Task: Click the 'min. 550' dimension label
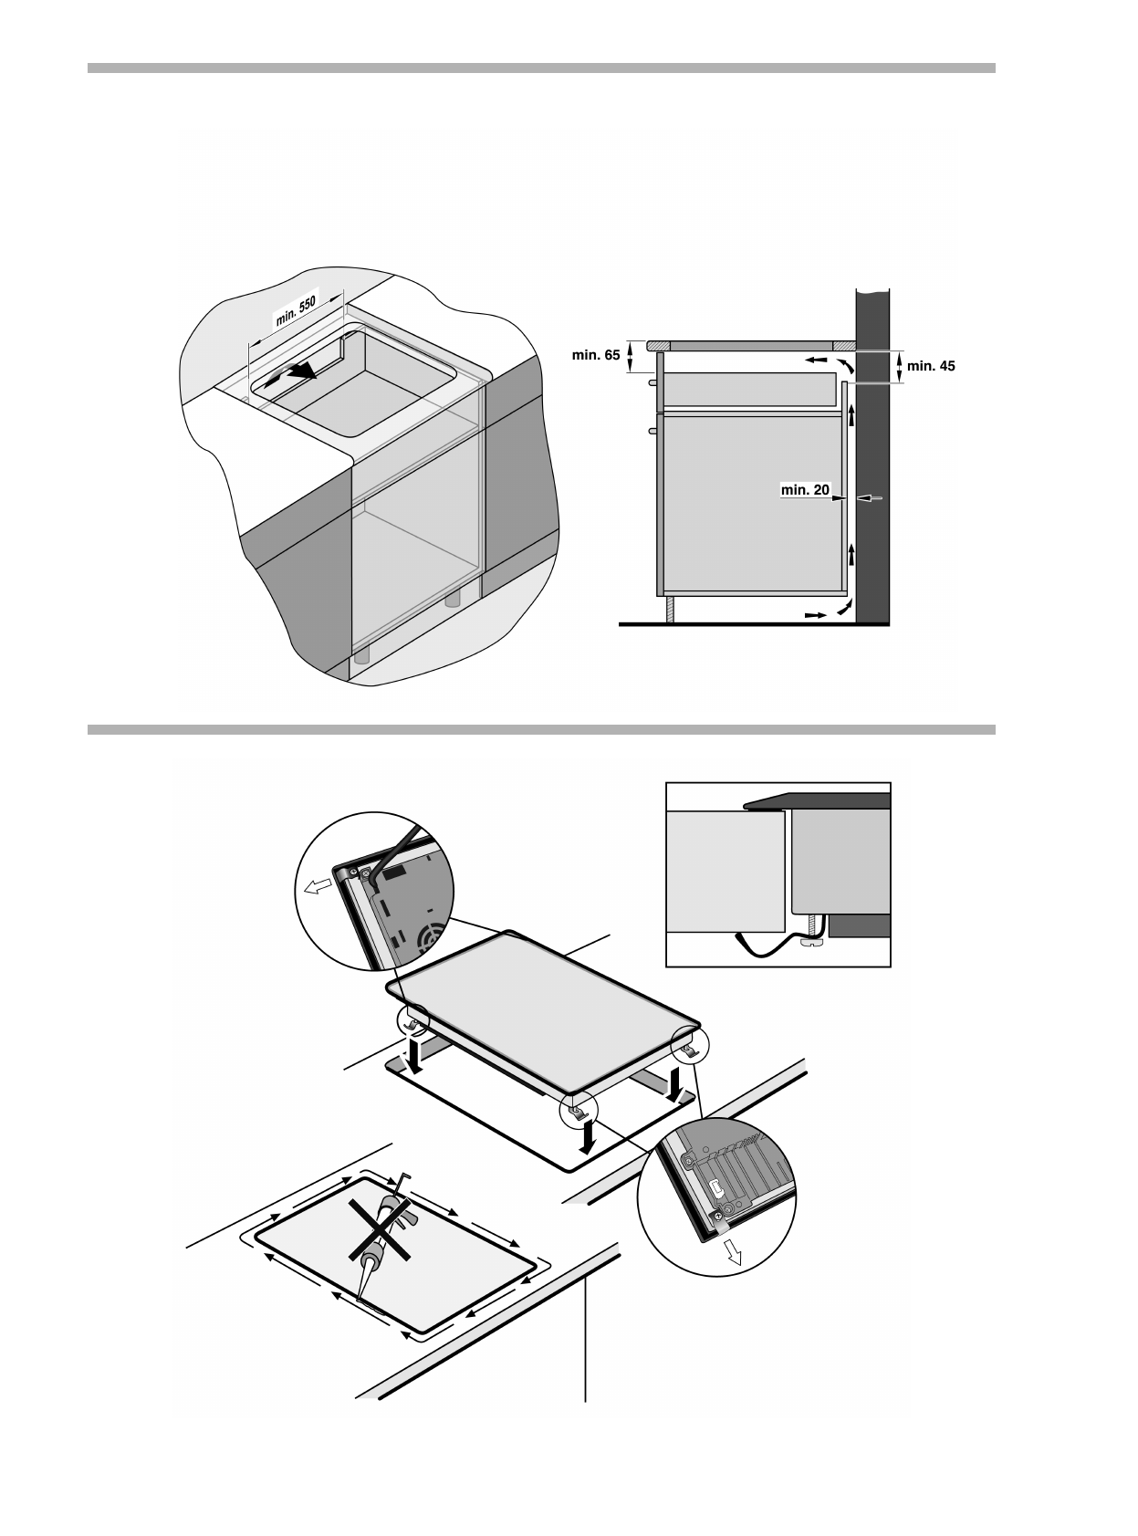[296, 311]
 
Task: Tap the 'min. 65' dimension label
[596, 355]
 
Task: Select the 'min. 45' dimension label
[931, 366]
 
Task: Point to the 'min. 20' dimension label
[805, 490]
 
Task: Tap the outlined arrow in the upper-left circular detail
[317, 886]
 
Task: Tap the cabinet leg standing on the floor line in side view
[670, 609]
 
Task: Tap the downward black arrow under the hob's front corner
[590, 1134]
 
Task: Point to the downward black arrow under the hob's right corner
[676, 1084]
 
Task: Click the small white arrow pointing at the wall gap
[872, 498]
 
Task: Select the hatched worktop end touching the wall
[844, 345]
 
